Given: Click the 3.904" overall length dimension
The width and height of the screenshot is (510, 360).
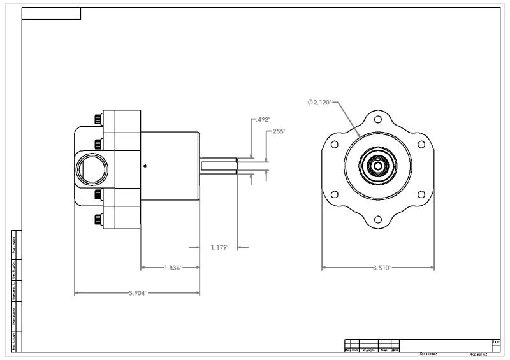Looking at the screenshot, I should [x=137, y=293].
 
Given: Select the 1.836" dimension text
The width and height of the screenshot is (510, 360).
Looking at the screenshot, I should [x=171, y=268].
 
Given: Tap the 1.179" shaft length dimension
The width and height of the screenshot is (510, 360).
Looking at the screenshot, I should [x=220, y=247].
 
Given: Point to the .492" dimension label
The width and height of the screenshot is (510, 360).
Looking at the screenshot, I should [x=261, y=119].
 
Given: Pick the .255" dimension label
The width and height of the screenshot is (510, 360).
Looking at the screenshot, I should [x=278, y=131].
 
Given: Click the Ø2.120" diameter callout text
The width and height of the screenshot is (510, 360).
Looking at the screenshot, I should [x=319, y=102].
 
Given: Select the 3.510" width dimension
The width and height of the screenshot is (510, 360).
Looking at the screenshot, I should [x=381, y=268].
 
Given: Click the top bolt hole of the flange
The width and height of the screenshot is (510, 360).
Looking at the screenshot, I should [x=378, y=119].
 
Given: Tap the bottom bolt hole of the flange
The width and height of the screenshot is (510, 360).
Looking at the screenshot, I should [x=378, y=220].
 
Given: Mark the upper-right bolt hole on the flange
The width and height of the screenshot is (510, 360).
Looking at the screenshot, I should [x=421, y=145].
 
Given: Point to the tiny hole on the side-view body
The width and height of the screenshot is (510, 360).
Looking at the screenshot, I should [x=145, y=166].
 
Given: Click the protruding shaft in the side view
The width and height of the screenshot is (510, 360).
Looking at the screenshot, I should [x=219, y=166].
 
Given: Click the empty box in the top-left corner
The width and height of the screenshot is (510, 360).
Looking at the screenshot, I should [x=51, y=14].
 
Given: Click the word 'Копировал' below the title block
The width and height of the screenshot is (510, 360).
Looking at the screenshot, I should [x=428, y=353].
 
